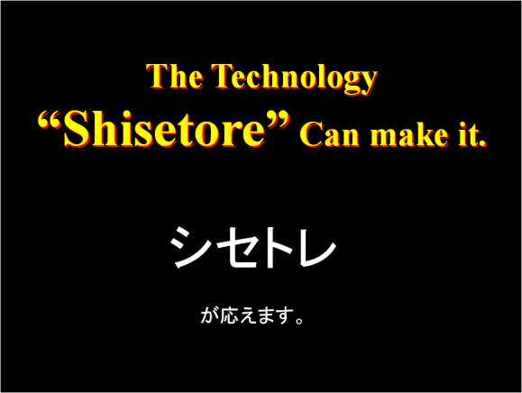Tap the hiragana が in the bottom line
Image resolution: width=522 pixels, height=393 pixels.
coord(208,317)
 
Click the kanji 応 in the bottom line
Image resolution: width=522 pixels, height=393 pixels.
coord(226,317)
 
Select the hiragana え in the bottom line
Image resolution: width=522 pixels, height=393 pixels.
coord(244,318)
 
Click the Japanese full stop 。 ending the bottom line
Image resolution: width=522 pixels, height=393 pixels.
coord(298,322)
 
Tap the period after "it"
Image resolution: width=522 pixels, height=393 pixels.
coord(483,144)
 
